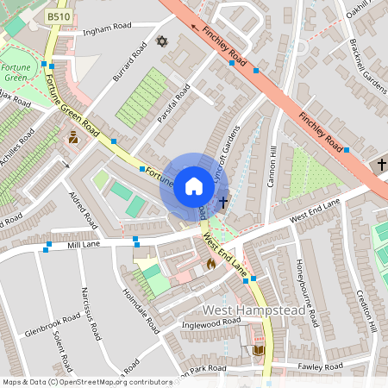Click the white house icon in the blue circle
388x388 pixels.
tap(193, 186)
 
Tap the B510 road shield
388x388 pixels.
tap(59, 16)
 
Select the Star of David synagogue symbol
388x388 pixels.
tap(160, 41)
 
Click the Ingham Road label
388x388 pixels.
tap(103, 34)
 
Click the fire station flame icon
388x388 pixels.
tap(210, 265)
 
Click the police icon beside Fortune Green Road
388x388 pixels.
tap(73, 137)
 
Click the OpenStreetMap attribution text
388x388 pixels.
tap(86, 381)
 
